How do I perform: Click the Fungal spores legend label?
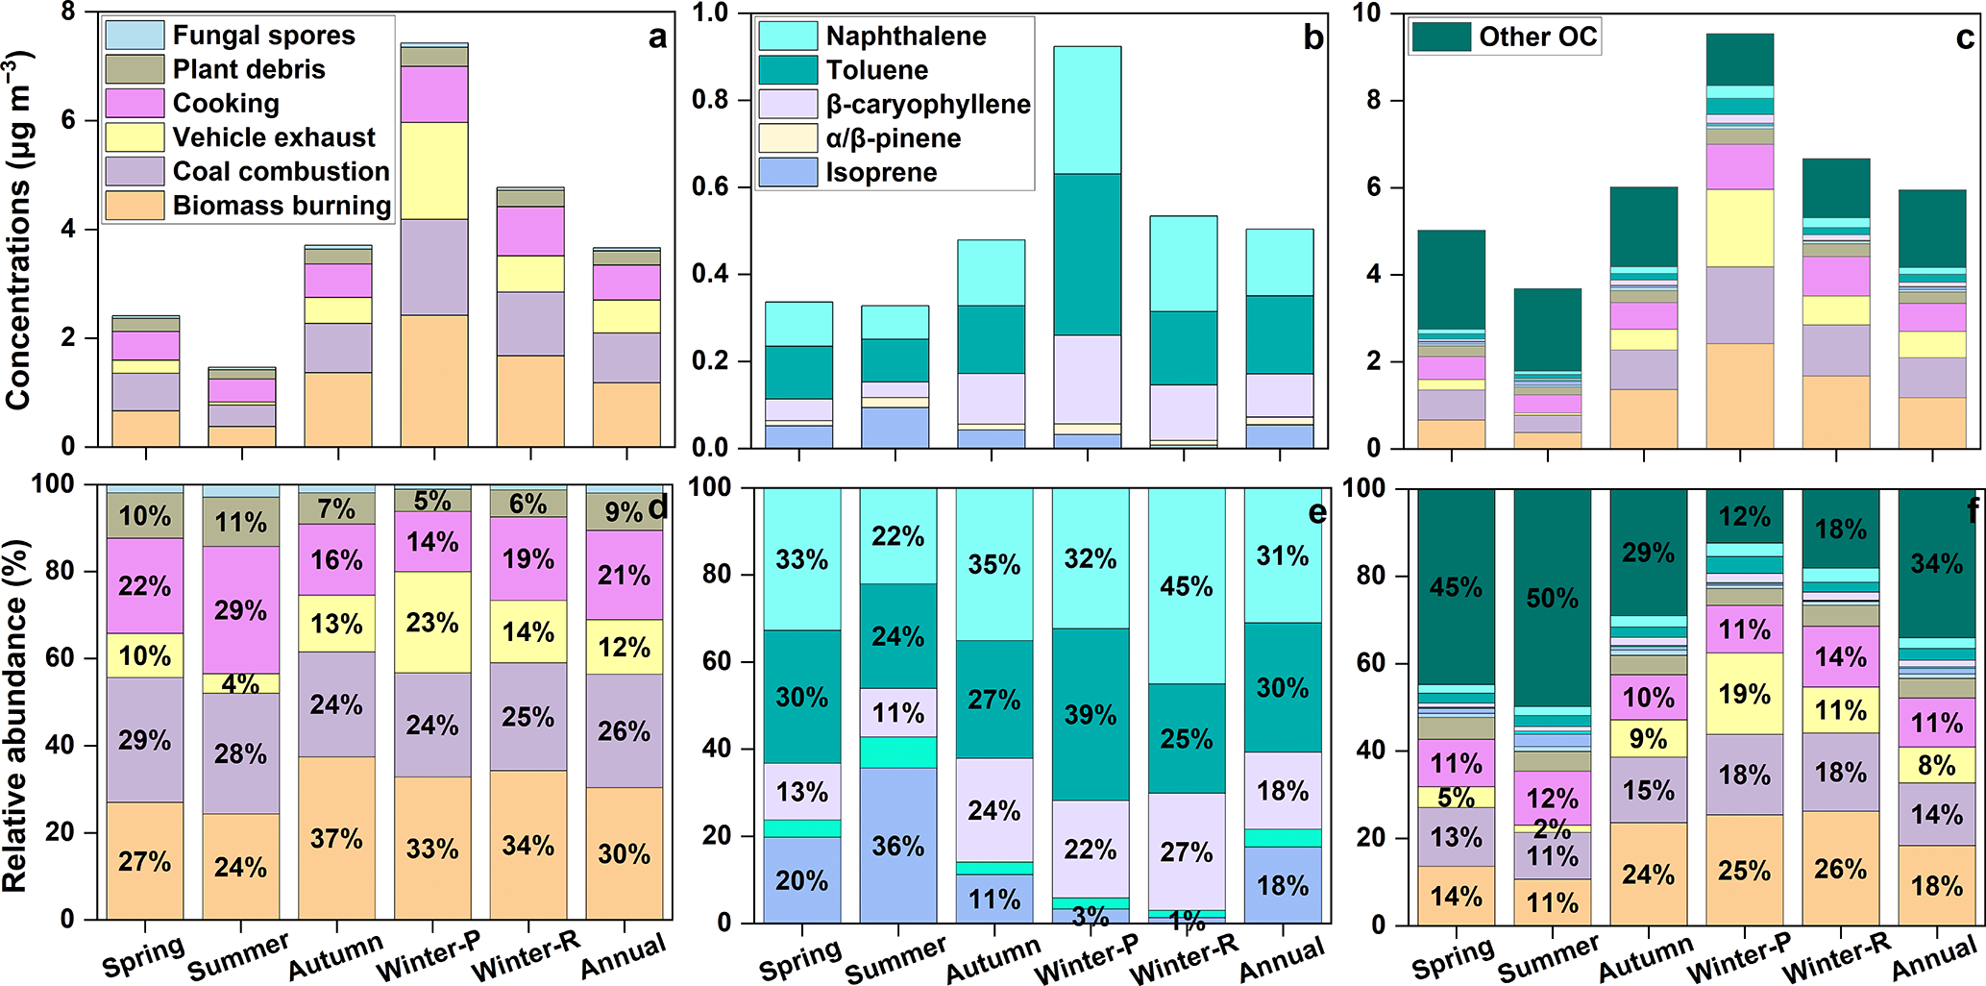point(263,36)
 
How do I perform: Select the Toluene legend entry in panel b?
point(876,70)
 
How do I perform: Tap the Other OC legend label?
point(1537,37)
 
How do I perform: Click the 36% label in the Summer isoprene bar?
point(897,847)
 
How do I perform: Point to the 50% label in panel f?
point(1552,599)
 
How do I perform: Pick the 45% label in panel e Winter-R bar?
point(1186,587)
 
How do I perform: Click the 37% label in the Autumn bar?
point(336,839)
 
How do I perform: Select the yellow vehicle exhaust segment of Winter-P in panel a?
point(434,170)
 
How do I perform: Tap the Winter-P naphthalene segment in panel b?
point(1087,110)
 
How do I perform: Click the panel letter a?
point(657,37)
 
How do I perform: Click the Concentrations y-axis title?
point(19,231)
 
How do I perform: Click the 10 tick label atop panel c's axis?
point(1366,13)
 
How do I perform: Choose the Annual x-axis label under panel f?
point(1934,958)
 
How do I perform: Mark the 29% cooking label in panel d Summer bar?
point(240,610)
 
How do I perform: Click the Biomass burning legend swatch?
point(135,206)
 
